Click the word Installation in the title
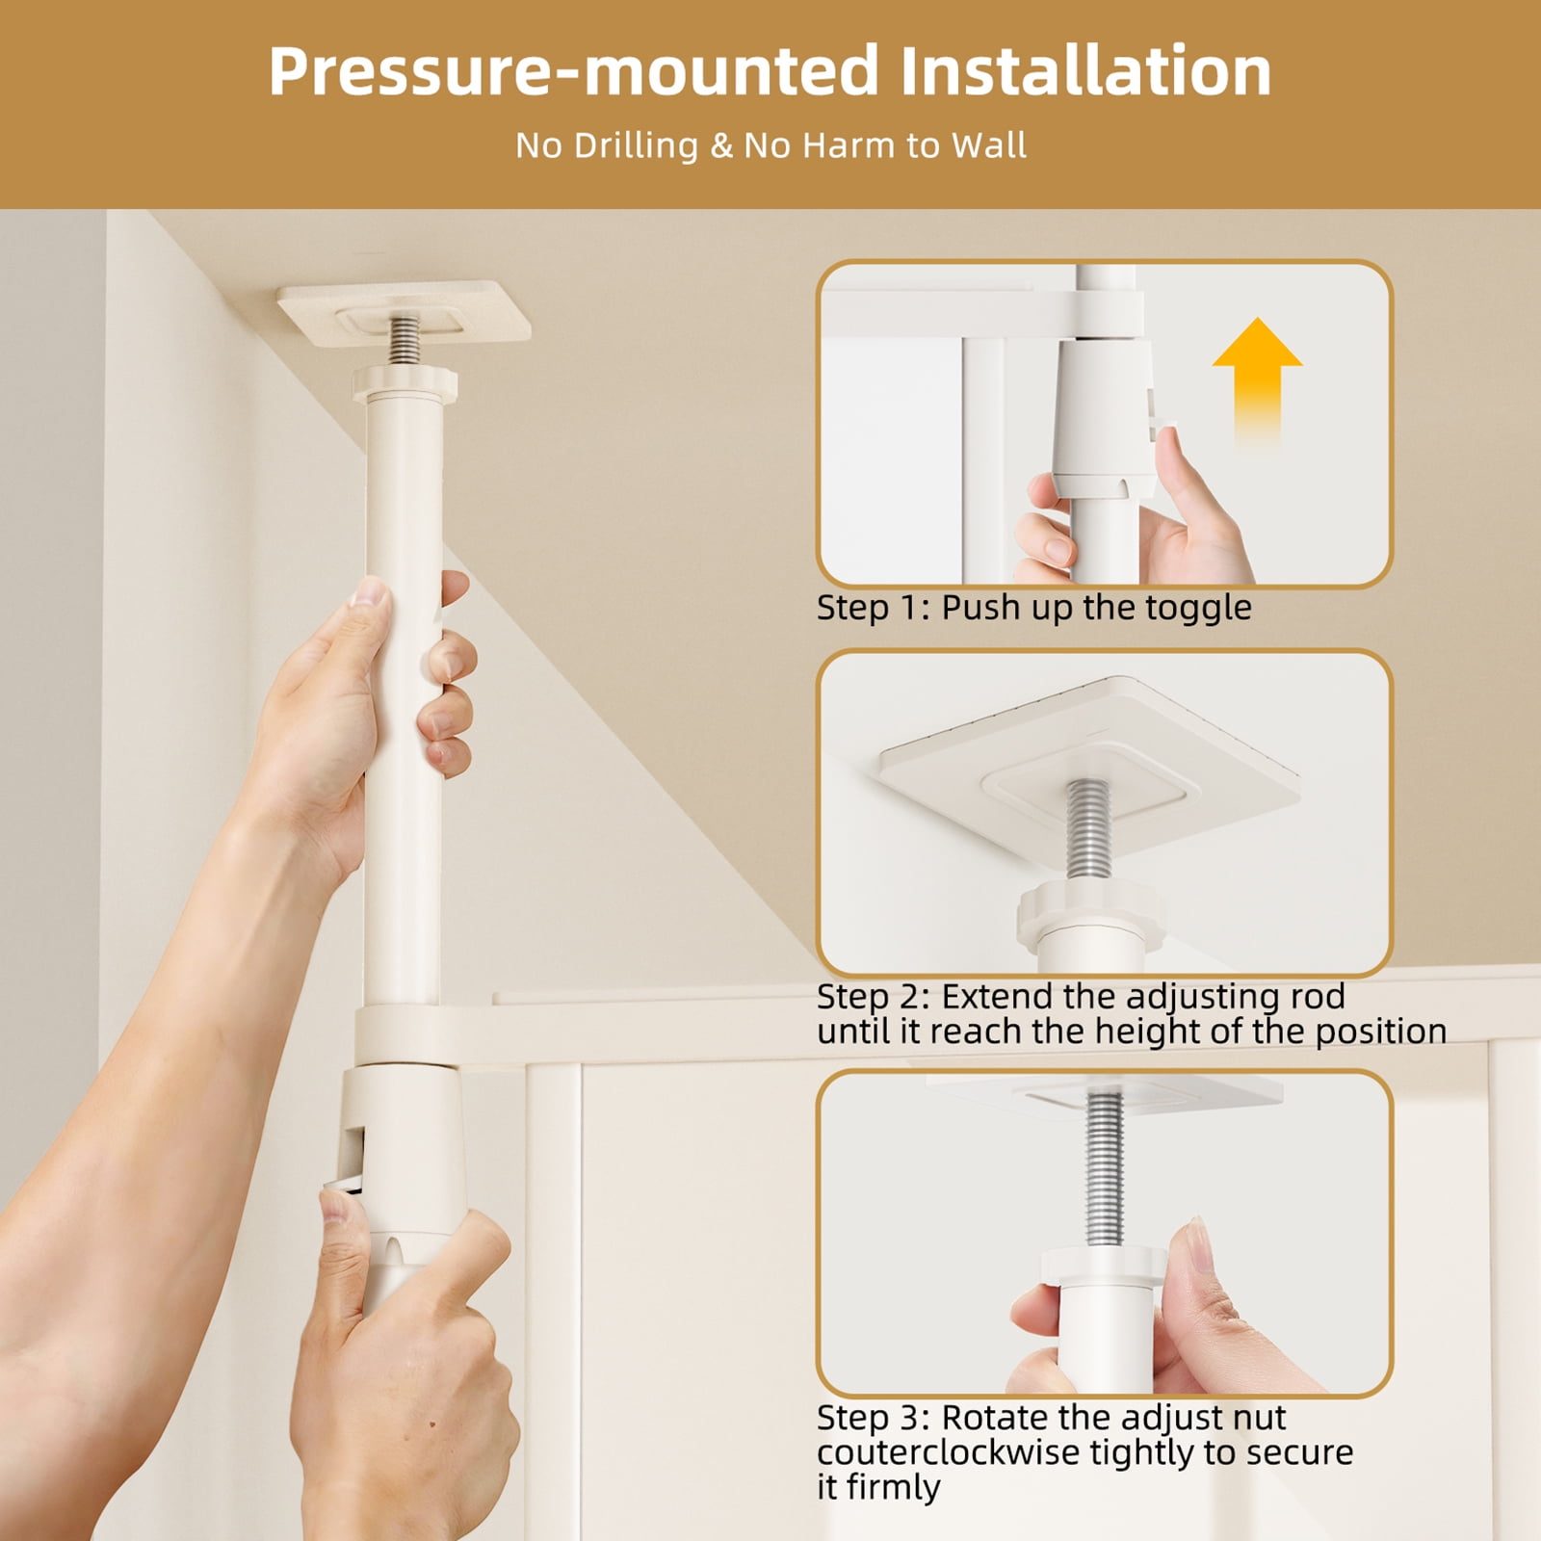(x=1085, y=70)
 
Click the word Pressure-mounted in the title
(x=574, y=70)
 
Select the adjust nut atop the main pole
(x=405, y=384)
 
